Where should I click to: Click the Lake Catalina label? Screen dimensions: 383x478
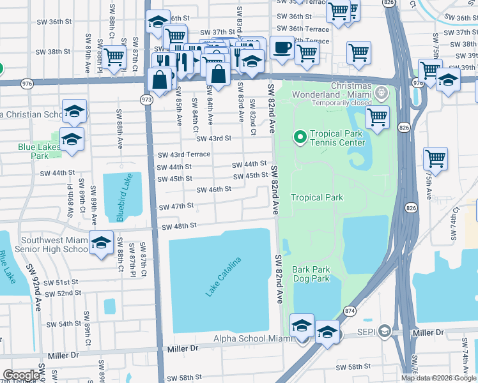224,276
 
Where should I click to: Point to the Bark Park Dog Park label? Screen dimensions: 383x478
311,274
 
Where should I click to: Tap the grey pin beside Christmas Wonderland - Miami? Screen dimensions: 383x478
382,94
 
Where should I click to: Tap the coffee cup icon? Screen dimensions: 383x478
281,47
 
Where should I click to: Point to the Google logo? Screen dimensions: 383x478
21,375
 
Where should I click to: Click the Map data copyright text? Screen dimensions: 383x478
438,378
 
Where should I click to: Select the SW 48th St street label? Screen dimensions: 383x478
178,227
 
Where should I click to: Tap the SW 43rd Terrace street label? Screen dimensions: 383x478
183,155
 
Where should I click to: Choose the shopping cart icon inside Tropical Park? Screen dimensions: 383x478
377,117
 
